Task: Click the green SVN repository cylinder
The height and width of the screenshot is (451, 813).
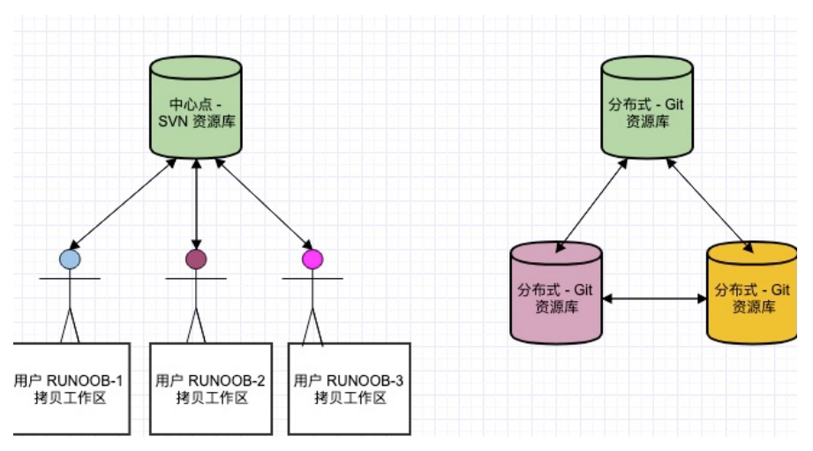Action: tap(196, 108)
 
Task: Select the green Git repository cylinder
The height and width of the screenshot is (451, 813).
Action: tap(647, 108)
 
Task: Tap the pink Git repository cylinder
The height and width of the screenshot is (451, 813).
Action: tap(556, 293)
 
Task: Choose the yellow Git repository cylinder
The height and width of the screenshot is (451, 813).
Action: tap(752, 293)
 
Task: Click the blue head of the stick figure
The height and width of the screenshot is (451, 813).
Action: tap(70, 259)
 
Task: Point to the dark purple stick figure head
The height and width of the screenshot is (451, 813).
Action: tap(196, 259)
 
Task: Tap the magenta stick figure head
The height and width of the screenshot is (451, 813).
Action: tap(312, 259)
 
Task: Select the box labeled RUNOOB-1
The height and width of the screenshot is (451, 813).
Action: tap(72, 389)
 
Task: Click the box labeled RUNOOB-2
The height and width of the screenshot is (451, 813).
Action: tap(211, 389)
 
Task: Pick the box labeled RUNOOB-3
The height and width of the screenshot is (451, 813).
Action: tap(350, 389)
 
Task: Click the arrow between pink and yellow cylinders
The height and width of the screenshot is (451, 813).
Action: tap(655, 298)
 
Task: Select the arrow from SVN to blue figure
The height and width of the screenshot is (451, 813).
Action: tap(123, 204)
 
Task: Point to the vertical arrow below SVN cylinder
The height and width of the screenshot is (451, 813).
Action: tap(196, 204)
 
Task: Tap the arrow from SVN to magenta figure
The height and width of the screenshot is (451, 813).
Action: tap(264, 204)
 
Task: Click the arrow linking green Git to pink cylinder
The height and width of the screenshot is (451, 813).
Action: tap(591, 206)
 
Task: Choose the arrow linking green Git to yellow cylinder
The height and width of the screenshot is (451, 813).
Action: tap(710, 206)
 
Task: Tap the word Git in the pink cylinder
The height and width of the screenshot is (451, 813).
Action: tap(583, 289)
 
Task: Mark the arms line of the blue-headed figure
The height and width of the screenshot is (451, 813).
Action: tap(70, 279)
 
